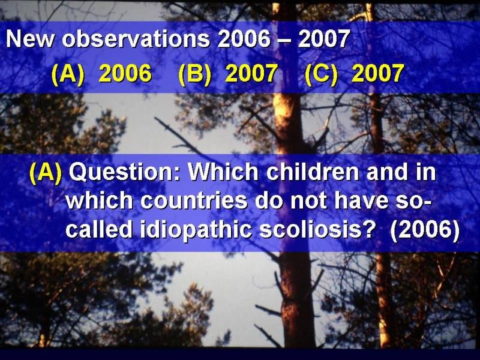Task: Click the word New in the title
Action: point(29,39)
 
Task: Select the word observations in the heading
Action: point(136,39)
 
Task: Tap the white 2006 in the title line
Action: point(244,39)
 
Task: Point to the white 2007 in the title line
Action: point(324,39)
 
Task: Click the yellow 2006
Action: point(125,73)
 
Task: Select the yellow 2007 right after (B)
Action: point(251,73)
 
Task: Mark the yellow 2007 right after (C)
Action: point(378,73)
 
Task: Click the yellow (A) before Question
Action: point(46,173)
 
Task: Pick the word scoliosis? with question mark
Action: point(317,230)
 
